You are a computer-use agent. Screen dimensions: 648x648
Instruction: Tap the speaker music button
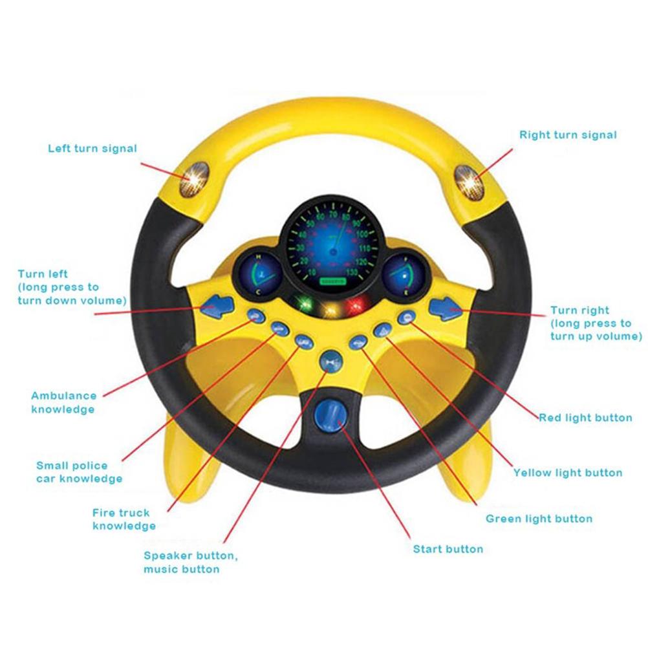pyautogui.click(x=331, y=360)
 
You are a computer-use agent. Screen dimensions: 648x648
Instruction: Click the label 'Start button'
pyautogui.click(x=448, y=549)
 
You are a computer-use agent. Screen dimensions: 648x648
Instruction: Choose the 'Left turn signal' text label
pyautogui.click(x=92, y=149)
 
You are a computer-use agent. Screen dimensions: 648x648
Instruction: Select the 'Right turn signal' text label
pyautogui.click(x=568, y=135)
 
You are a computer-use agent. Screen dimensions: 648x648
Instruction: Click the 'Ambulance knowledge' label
pyautogui.click(x=63, y=402)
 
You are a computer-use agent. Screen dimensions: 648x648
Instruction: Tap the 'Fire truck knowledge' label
pyautogui.click(x=123, y=519)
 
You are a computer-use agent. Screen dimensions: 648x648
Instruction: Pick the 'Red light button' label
pyautogui.click(x=586, y=418)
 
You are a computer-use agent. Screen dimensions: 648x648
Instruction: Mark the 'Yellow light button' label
pyautogui.click(x=567, y=473)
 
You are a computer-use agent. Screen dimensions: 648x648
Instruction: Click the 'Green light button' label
pyautogui.click(x=539, y=519)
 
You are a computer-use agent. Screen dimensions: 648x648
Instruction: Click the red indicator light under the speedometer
pyautogui.click(x=354, y=306)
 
